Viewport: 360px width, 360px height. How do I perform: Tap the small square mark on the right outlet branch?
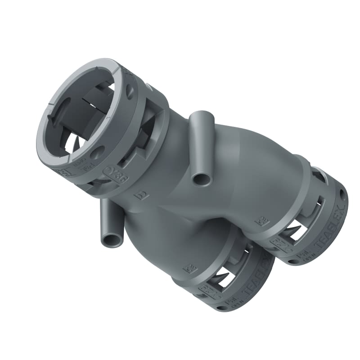(x=260, y=221)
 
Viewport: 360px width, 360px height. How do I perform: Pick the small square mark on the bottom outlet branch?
(x=188, y=269)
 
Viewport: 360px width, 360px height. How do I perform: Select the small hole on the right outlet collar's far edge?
(x=343, y=194)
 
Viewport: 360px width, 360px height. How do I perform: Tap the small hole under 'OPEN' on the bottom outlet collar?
(x=222, y=308)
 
